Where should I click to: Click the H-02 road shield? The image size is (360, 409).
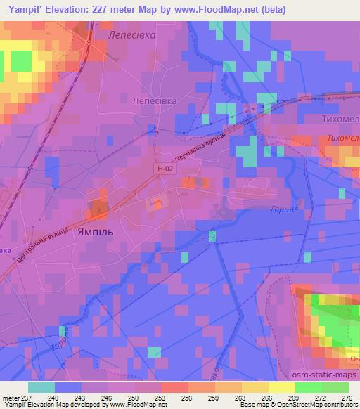point(163,169)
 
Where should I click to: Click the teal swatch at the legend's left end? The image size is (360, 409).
point(41,387)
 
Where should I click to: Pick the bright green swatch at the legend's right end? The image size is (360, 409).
point(335,387)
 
